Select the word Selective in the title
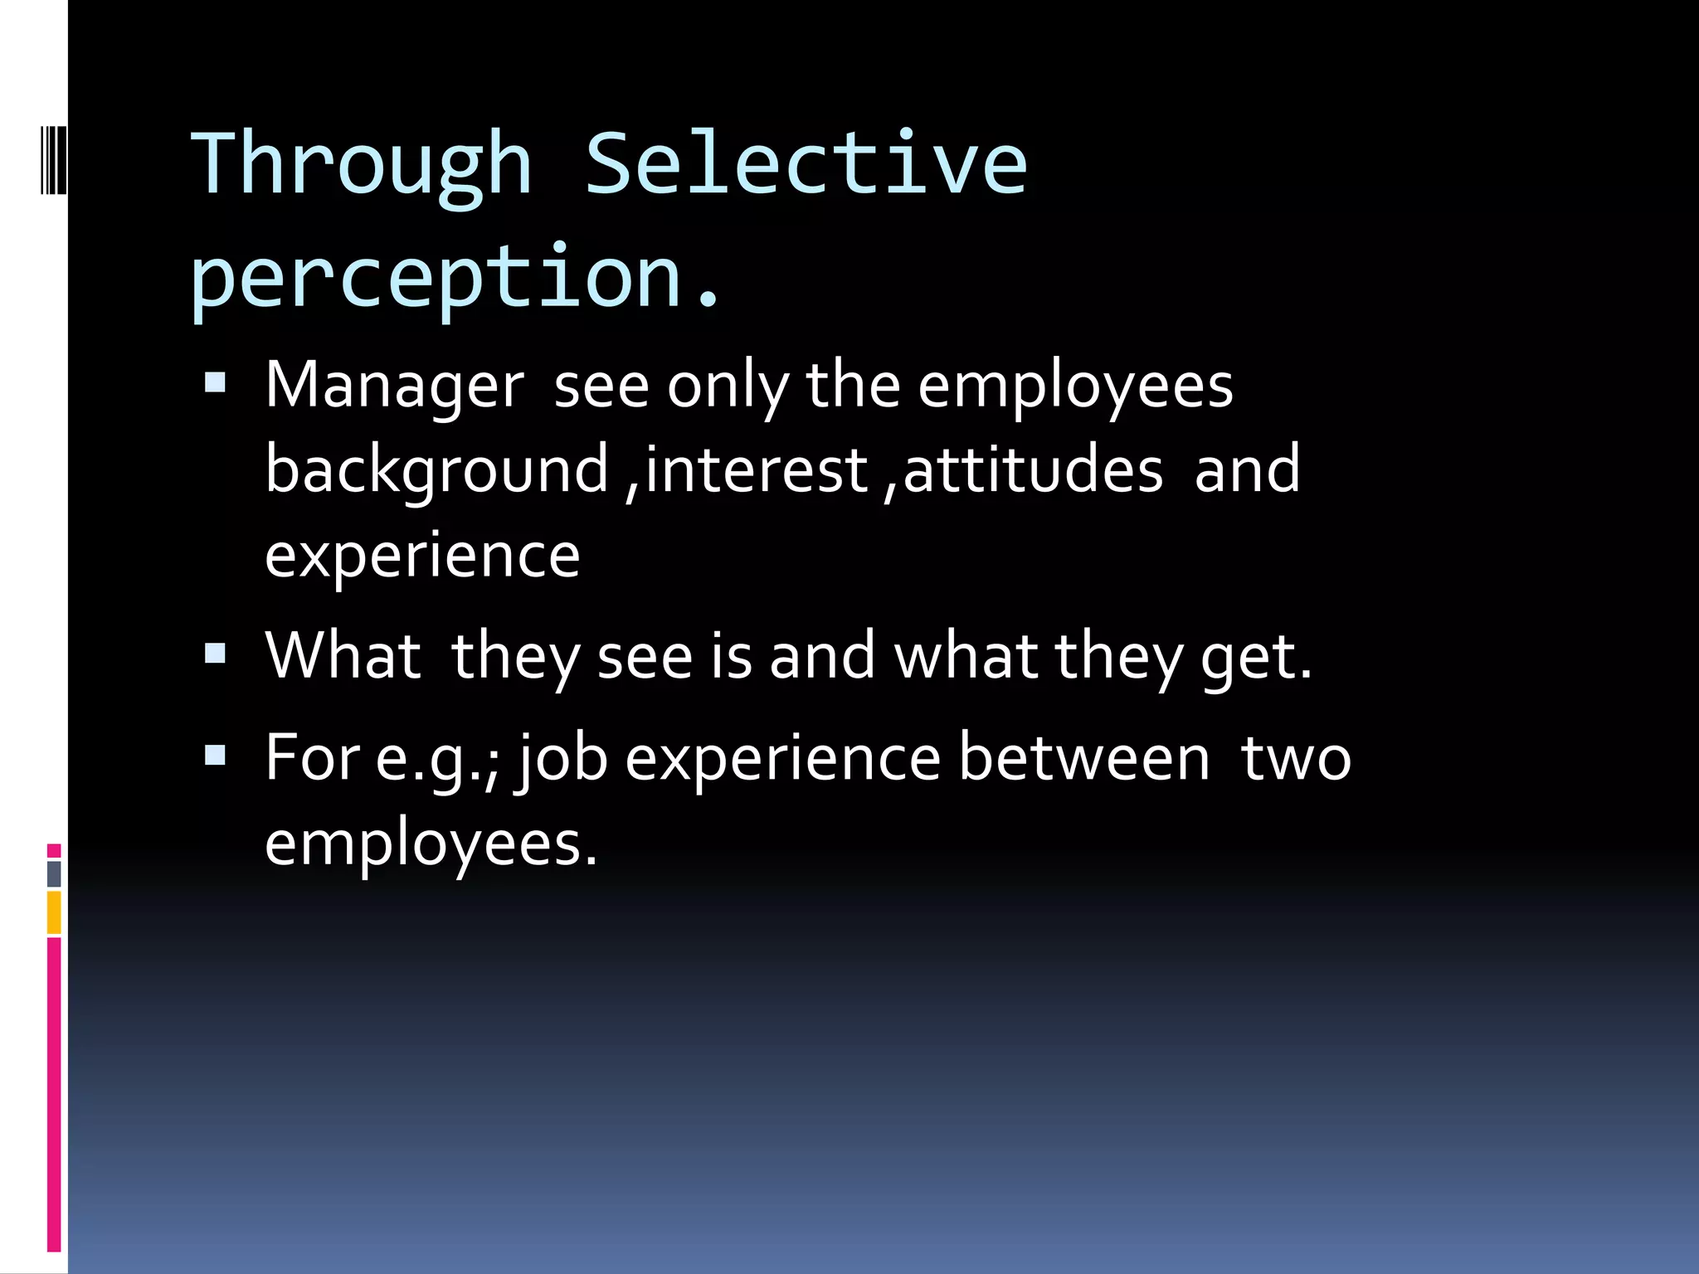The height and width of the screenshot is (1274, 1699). pos(806,163)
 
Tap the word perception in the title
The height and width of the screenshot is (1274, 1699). pos(436,278)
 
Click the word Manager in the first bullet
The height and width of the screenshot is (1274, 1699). pos(395,387)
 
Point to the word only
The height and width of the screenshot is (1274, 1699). pos(728,387)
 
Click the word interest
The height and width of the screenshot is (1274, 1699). pos(756,469)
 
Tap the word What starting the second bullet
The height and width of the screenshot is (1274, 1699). pos(343,655)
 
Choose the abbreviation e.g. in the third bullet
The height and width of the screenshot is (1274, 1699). pos(430,758)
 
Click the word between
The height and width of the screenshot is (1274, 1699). pos(1084,758)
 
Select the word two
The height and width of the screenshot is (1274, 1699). pos(1296,758)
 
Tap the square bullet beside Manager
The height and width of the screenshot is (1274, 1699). pos(216,382)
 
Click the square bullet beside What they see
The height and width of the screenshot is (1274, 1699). pos(216,654)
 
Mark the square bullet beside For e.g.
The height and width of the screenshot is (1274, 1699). pos(216,755)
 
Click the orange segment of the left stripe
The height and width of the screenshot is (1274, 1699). pos(54,912)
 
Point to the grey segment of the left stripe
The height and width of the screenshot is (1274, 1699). pos(54,873)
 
